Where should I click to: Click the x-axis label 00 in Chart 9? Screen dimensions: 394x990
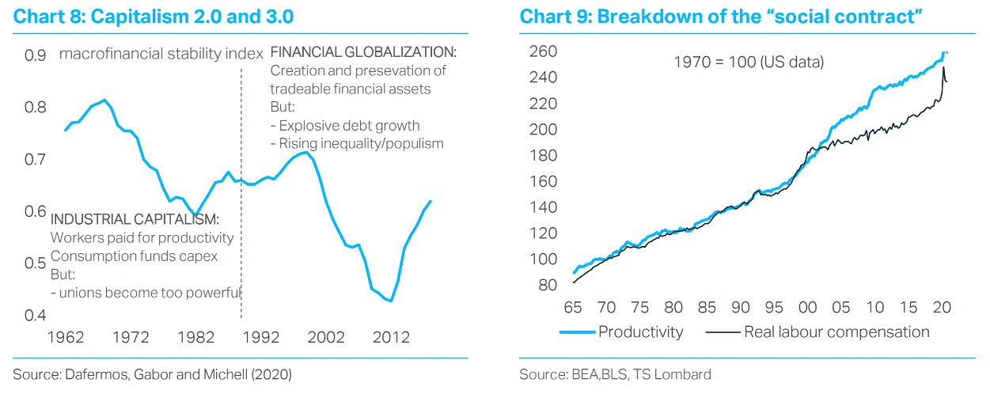tap(808, 307)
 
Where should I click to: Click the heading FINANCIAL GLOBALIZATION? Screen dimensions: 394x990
tap(364, 52)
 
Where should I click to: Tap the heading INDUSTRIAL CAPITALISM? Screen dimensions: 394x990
tap(135, 219)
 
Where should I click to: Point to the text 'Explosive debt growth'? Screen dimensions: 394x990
tap(350, 125)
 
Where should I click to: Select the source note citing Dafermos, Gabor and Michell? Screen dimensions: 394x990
tap(153, 374)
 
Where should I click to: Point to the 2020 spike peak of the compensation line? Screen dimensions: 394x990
tap(943, 69)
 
